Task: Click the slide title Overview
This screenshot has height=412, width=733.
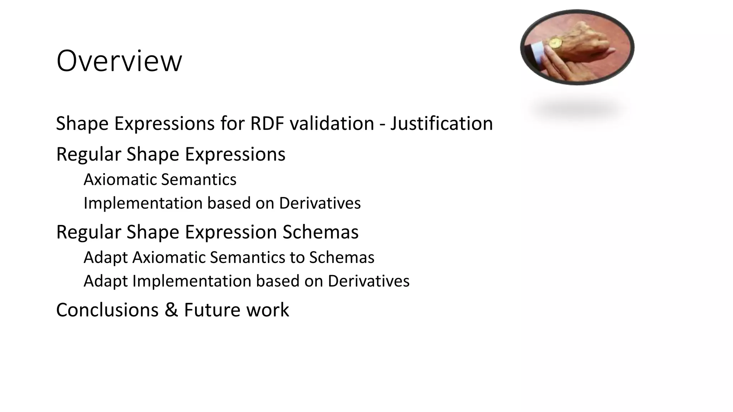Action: click(119, 61)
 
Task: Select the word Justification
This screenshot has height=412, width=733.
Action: click(441, 124)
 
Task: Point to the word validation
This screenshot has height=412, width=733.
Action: click(332, 124)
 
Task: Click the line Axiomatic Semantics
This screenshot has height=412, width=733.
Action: click(160, 180)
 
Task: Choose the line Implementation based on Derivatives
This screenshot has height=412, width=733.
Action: click(222, 203)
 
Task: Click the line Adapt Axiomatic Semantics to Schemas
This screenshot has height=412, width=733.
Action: click(229, 257)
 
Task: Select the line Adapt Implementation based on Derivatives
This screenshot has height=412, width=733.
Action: click(246, 281)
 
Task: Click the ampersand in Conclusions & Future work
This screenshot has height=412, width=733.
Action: click(171, 310)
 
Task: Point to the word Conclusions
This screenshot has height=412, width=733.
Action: click(107, 310)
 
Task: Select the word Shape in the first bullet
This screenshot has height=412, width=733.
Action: click(82, 124)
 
